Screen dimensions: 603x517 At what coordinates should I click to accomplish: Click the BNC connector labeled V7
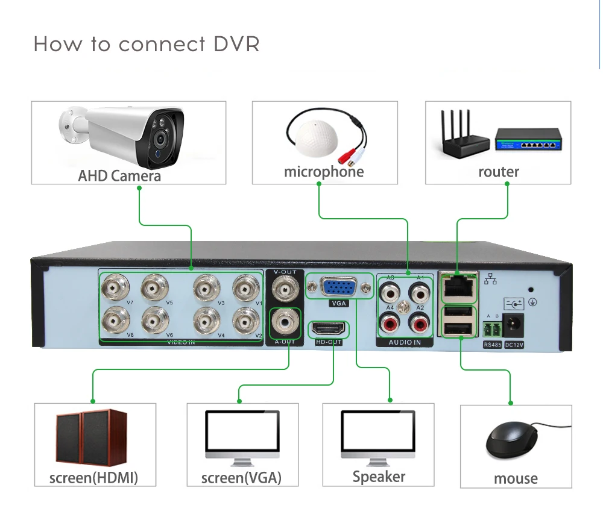pyautogui.click(x=115, y=287)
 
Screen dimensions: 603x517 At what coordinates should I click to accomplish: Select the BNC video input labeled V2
pyautogui.click(x=246, y=321)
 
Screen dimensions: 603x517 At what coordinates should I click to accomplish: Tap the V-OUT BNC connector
pyautogui.click(x=285, y=289)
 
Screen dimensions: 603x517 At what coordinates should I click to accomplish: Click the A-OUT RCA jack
pyautogui.click(x=285, y=322)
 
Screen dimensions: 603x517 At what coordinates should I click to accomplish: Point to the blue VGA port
pyautogui.click(x=338, y=287)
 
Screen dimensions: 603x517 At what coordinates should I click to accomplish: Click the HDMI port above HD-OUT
pyautogui.click(x=329, y=330)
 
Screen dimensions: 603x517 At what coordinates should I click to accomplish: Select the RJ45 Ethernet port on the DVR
pyautogui.click(x=458, y=286)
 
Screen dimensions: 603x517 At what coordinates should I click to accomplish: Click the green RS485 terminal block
pyautogui.click(x=492, y=330)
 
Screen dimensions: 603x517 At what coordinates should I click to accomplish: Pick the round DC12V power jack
pyautogui.click(x=513, y=326)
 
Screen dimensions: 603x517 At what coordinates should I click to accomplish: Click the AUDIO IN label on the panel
pyautogui.click(x=405, y=342)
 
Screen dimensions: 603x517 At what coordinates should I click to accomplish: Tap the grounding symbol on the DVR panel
pyautogui.click(x=532, y=302)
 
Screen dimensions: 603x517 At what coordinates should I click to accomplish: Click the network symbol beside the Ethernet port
pyautogui.click(x=490, y=279)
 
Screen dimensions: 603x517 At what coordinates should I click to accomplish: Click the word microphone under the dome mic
pyautogui.click(x=324, y=172)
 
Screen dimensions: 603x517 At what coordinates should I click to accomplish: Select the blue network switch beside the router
pyautogui.click(x=528, y=140)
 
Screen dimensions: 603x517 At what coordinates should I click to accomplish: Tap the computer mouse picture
pyautogui.click(x=512, y=440)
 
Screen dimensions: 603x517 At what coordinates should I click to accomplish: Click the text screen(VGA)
pyautogui.click(x=242, y=478)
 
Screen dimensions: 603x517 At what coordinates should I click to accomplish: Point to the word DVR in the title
pyautogui.click(x=236, y=44)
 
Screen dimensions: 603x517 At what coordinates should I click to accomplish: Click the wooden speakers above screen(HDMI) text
pyautogui.click(x=92, y=437)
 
